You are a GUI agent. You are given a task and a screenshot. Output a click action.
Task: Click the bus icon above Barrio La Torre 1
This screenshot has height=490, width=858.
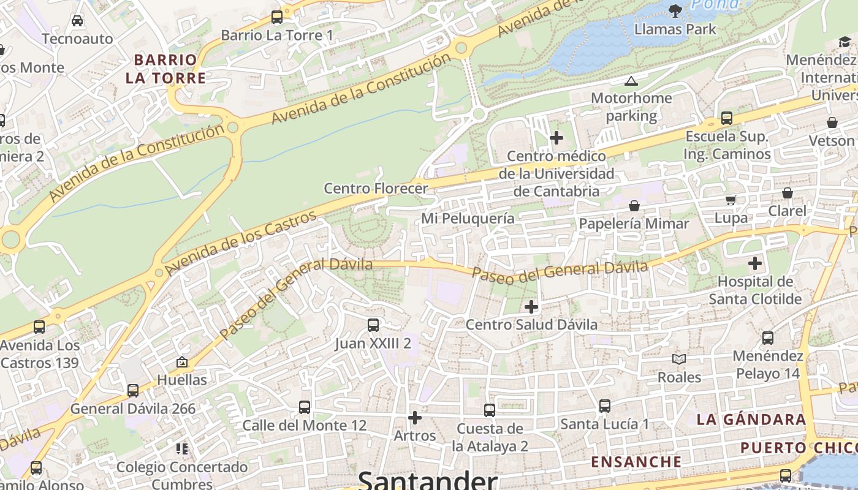click(x=277, y=17)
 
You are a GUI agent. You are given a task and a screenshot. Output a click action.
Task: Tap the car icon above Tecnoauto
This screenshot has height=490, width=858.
click(x=77, y=21)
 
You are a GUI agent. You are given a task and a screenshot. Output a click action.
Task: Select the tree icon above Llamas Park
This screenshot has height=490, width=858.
click(x=675, y=10)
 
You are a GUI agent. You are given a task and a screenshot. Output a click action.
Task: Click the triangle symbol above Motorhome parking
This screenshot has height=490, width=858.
click(x=631, y=81)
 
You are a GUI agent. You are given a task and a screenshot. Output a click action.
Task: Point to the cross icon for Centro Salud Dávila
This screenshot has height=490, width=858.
click(x=531, y=306)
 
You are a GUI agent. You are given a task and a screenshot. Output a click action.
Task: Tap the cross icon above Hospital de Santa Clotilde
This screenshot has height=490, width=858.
click(x=755, y=264)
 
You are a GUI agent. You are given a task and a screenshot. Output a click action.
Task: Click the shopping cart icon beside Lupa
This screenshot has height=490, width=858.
click(x=731, y=200)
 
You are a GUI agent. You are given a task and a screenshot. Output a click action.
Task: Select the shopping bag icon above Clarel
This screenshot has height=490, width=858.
click(x=788, y=194)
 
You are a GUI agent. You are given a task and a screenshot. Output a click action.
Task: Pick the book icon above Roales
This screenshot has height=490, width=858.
click(x=678, y=359)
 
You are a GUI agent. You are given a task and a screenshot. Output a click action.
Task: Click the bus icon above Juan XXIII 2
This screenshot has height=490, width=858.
click(x=373, y=325)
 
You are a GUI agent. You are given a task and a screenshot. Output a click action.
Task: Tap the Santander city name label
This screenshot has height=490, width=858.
click(x=427, y=480)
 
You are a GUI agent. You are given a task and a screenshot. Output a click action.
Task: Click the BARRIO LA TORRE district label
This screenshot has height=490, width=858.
click(x=165, y=69)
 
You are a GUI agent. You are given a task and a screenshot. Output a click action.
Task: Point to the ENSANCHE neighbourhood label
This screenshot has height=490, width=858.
click(x=636, y=462)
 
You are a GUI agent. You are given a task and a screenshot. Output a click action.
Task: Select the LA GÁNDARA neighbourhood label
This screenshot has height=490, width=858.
click(x=751, y=420)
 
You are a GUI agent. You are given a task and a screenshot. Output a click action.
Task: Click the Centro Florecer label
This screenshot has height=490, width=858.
click(x=375, y=188)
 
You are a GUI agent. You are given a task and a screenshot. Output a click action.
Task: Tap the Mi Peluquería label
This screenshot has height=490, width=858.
click(x=468, y=218)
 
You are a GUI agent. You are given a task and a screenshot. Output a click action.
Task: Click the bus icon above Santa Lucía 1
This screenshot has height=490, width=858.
click(x=605, y=405)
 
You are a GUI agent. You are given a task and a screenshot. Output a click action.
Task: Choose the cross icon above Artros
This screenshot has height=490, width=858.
click(x=415, y=418)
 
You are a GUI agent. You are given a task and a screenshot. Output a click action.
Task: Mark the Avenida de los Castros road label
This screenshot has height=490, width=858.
click(x=241, y=243)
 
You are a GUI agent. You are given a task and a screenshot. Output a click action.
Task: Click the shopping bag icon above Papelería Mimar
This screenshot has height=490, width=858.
click(x=634, y=206)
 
